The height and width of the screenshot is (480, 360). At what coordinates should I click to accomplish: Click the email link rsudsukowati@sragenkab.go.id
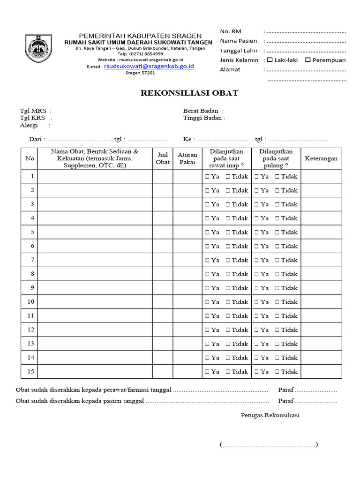pyautogui.click(x=149, y=67)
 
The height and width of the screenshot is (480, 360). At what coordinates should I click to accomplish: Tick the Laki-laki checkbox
pyautogui.click(x=270, y=60)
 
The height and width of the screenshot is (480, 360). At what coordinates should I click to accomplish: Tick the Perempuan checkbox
pyautogui.click(x=307, y=60)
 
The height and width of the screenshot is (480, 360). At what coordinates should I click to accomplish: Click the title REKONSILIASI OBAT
pyautogui.click(x=189, y=93)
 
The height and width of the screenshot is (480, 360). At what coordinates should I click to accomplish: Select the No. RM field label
pyautogui.click(x=231, y=31)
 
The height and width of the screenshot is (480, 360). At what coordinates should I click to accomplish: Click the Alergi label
pyautogui.click(x=29, y=126)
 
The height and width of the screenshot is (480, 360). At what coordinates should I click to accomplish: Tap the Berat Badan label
pyautogui.click(x=201, y=111)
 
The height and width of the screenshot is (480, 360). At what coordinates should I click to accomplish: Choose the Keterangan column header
pyautogui.click(x=321, y=158)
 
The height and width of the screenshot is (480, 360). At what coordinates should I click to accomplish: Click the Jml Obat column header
pyautogui.click(x=163, y=158)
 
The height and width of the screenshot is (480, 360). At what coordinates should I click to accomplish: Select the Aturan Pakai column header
pyautogui.click(x=187, y=158)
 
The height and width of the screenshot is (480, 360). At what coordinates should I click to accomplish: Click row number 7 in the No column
pyautogui.click(x=32, y=260)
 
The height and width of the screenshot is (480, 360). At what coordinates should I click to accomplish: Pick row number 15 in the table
pyautogui.click(x=31, y=371)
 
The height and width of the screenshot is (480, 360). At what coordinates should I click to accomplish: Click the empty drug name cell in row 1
pyautogui.click(x=95, y=176)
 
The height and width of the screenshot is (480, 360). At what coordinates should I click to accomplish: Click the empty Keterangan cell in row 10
pyautogui.click(x=321, y=302)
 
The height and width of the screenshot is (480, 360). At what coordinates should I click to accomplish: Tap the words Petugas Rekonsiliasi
pyautogui.click(x=270, y=415)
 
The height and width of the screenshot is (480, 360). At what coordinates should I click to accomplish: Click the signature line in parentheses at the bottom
pyautogui.click(x=269, y=444)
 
